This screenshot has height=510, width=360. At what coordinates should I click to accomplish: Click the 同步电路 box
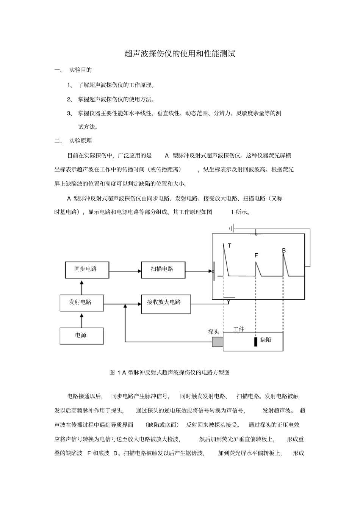87,270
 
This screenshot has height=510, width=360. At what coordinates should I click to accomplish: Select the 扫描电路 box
163,270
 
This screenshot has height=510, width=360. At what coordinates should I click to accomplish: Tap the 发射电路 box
81,303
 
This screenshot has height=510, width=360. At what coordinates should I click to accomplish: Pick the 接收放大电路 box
166,303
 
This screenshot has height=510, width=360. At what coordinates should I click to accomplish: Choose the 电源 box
81,336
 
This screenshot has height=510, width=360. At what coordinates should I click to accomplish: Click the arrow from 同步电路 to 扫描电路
125,271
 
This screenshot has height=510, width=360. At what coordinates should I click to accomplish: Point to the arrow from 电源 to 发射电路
81,320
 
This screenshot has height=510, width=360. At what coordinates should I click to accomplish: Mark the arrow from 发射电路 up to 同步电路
81,287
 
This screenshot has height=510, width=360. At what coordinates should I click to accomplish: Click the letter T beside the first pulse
229,246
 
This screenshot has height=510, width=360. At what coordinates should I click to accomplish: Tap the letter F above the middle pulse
256,256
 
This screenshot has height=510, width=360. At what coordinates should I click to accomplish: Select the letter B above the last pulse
284,251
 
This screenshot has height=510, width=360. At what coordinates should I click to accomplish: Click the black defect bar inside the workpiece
256,341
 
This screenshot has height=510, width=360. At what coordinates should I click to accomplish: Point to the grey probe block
218,342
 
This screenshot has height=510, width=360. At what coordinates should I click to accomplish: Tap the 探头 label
213,332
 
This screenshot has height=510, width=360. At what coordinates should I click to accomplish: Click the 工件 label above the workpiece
239,329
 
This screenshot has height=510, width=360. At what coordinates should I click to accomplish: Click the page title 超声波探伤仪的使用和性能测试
180,54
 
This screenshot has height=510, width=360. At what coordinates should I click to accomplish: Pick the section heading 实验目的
80,70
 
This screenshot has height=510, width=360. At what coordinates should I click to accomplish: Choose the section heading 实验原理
80,141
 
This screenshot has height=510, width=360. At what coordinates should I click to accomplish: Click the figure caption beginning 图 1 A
169,372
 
